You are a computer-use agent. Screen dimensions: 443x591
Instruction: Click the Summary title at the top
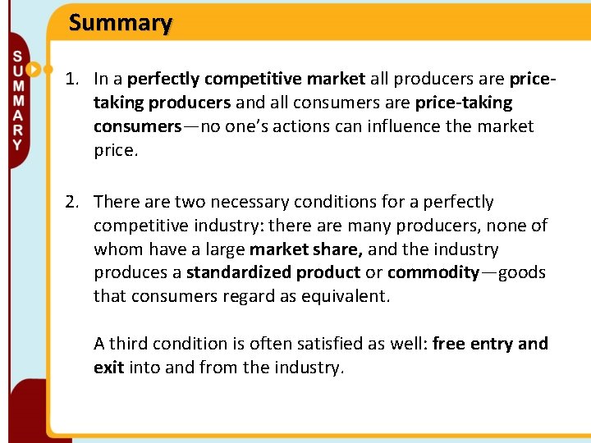click(121, 23)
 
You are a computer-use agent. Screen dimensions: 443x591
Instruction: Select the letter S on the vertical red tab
click(17, 57)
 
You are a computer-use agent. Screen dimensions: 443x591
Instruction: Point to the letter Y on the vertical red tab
click(17, 144)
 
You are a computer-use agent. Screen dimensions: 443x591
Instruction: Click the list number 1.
click(73, 80)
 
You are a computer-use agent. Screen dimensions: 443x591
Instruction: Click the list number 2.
click(73, 202)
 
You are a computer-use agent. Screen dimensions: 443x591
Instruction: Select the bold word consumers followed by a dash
click(137, 127)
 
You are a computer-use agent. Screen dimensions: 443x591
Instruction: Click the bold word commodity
click(433, 273)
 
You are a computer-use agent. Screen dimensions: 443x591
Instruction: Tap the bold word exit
click(108, 368)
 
